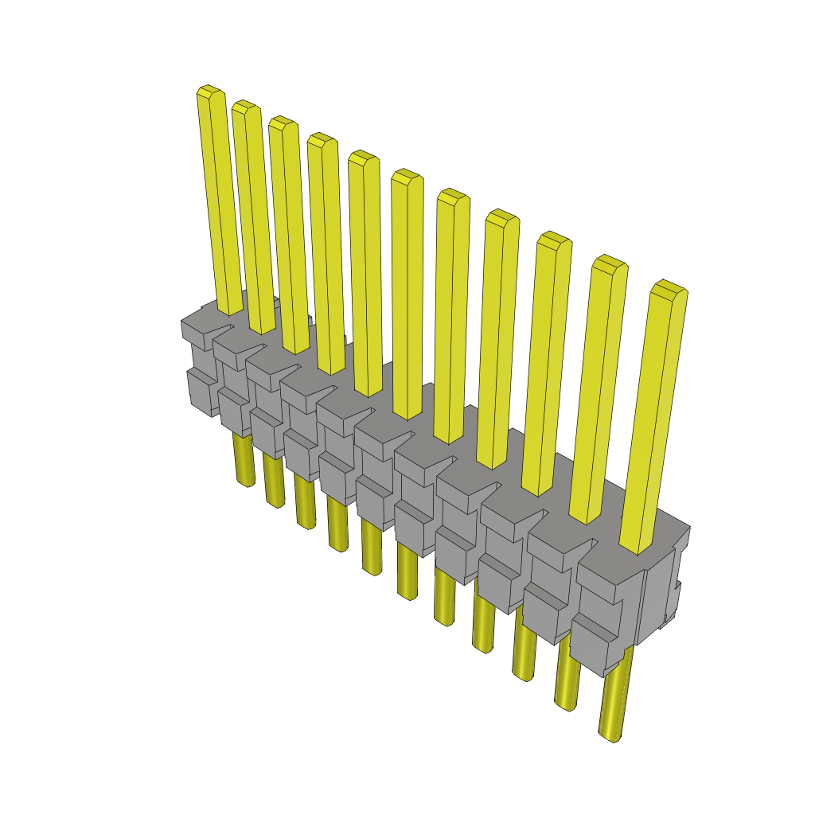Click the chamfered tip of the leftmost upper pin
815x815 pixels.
click(x=210, y=92)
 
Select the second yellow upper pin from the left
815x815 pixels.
click(x=253, y=215)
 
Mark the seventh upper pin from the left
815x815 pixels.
click(x=451, y=314)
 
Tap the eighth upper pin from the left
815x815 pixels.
click(x=498, y=337)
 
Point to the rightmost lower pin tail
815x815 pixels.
click(x=614, y=700)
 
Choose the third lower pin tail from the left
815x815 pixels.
click(x=305, y=501)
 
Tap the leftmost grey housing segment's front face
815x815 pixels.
click(x=201, y=374)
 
